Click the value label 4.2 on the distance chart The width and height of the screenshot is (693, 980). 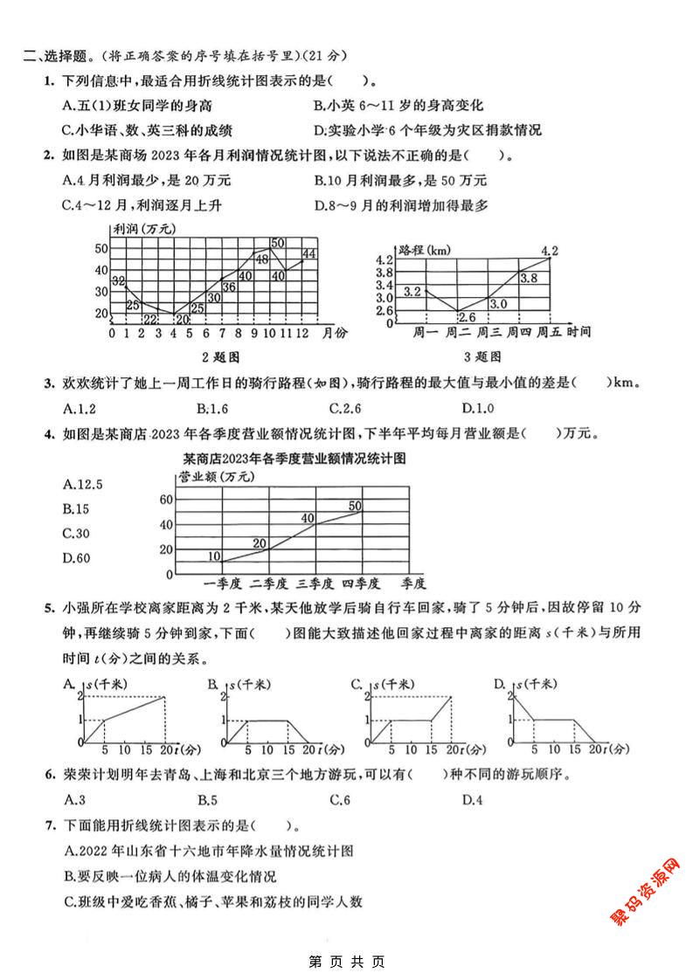[549, 252]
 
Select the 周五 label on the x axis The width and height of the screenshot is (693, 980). [550, 332]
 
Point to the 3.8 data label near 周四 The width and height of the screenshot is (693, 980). [529, 278]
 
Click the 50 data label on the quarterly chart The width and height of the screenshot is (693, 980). [356, 505]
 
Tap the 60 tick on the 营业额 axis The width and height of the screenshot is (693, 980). [165, 500]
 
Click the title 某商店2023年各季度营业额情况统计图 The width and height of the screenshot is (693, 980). [296, 458]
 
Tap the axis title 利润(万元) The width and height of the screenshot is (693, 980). [144, 229]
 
